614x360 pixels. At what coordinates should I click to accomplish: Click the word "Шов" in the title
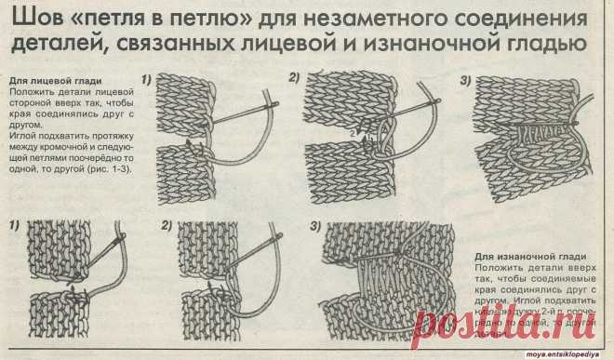point(28,19)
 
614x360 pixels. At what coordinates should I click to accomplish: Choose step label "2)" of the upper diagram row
point(297,77)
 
